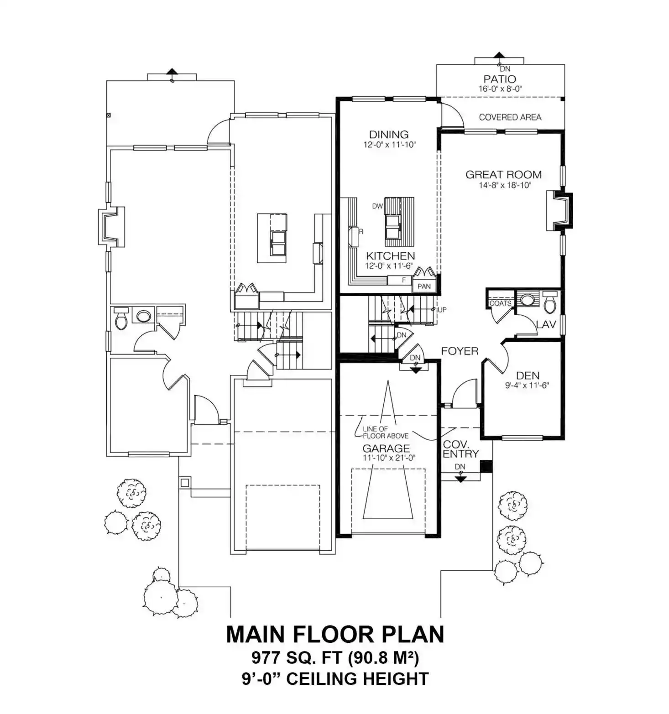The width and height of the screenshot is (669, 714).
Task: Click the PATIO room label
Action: tap(500, 79)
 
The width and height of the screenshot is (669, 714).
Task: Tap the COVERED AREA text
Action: tap(510, 117)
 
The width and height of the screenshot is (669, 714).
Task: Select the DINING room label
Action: tap(389, 135)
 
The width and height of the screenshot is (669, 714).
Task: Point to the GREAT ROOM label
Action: tap(503, 174)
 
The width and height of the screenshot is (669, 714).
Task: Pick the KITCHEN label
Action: tap(391, 256)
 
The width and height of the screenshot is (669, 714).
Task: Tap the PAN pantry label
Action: tap(424, 287)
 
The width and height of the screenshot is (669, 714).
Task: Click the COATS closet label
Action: tap(500, 303)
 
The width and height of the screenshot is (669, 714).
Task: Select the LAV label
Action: tap(546, 325)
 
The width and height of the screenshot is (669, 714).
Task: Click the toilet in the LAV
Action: tap(550, 301)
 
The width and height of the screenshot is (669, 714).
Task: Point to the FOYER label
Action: tap(460, 351)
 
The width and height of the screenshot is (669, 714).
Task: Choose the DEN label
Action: tap(528, 375)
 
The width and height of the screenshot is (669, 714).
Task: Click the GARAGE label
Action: tap(386, 448)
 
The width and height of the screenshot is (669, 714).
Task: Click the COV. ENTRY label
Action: tap(460, 449)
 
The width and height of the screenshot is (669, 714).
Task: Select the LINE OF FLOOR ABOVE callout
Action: tap(379, 433)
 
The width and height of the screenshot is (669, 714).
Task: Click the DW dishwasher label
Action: tap(377, 206)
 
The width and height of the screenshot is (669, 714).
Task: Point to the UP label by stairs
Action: tap(442, 310)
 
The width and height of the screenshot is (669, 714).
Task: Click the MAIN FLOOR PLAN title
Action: tap(335, 634)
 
